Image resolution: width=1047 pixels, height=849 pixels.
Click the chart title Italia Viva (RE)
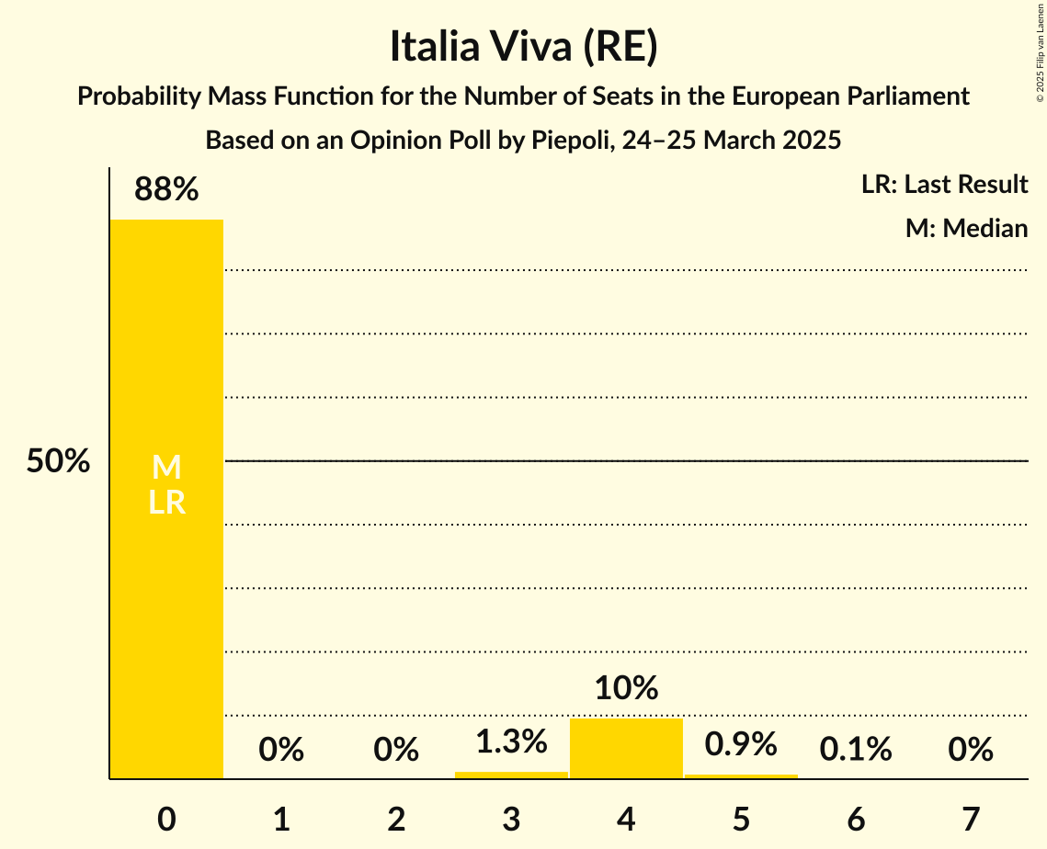[523, 48]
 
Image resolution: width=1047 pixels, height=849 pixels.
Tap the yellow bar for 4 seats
[626, 748]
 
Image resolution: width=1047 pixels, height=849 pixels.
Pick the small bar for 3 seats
[511, 775]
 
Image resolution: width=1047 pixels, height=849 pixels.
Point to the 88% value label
[166, 189]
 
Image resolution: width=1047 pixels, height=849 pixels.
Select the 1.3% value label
[511, 741]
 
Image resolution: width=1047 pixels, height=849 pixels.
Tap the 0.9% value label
[741, 744]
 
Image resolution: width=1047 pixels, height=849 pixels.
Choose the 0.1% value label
[856, 750]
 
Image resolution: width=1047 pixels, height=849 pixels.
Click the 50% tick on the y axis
[58, 461]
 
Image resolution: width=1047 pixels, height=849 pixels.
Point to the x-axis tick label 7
[971, 819]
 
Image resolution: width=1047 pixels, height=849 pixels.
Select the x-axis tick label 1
[281, 819]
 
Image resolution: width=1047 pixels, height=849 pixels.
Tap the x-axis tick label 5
[741, 819]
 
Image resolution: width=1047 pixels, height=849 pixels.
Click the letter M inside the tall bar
[166, 468]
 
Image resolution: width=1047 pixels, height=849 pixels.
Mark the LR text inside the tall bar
[166, 503]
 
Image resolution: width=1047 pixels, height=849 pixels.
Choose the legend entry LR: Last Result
[944, 185]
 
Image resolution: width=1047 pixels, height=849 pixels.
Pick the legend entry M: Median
[966, 228]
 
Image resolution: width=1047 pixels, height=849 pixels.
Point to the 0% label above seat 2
[396, 750]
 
